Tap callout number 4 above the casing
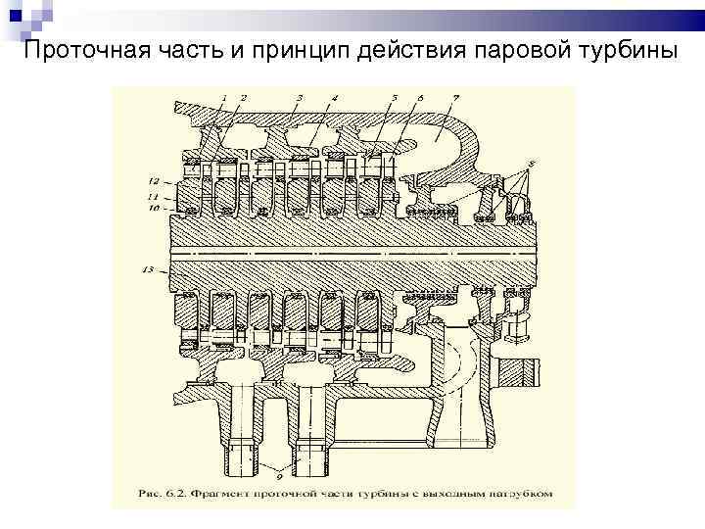pos(334,98)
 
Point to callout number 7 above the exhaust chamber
pos(455,98)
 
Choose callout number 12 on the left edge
pos(154,182)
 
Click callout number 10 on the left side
pos(154,208)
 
